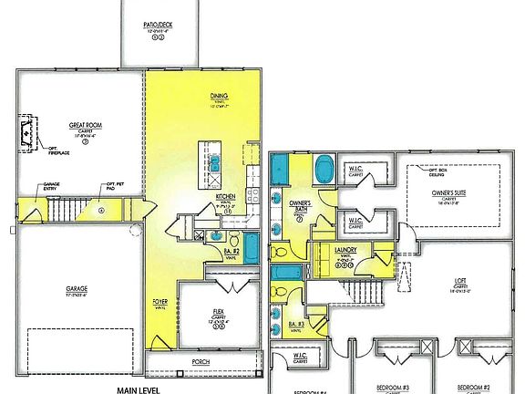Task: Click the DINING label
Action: tap(219, 95)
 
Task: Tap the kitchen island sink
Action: tap(216, 165)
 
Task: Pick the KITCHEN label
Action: tap(226, 196)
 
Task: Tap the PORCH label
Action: tap(201, 362)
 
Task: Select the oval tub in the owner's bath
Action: tap(324, 171)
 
